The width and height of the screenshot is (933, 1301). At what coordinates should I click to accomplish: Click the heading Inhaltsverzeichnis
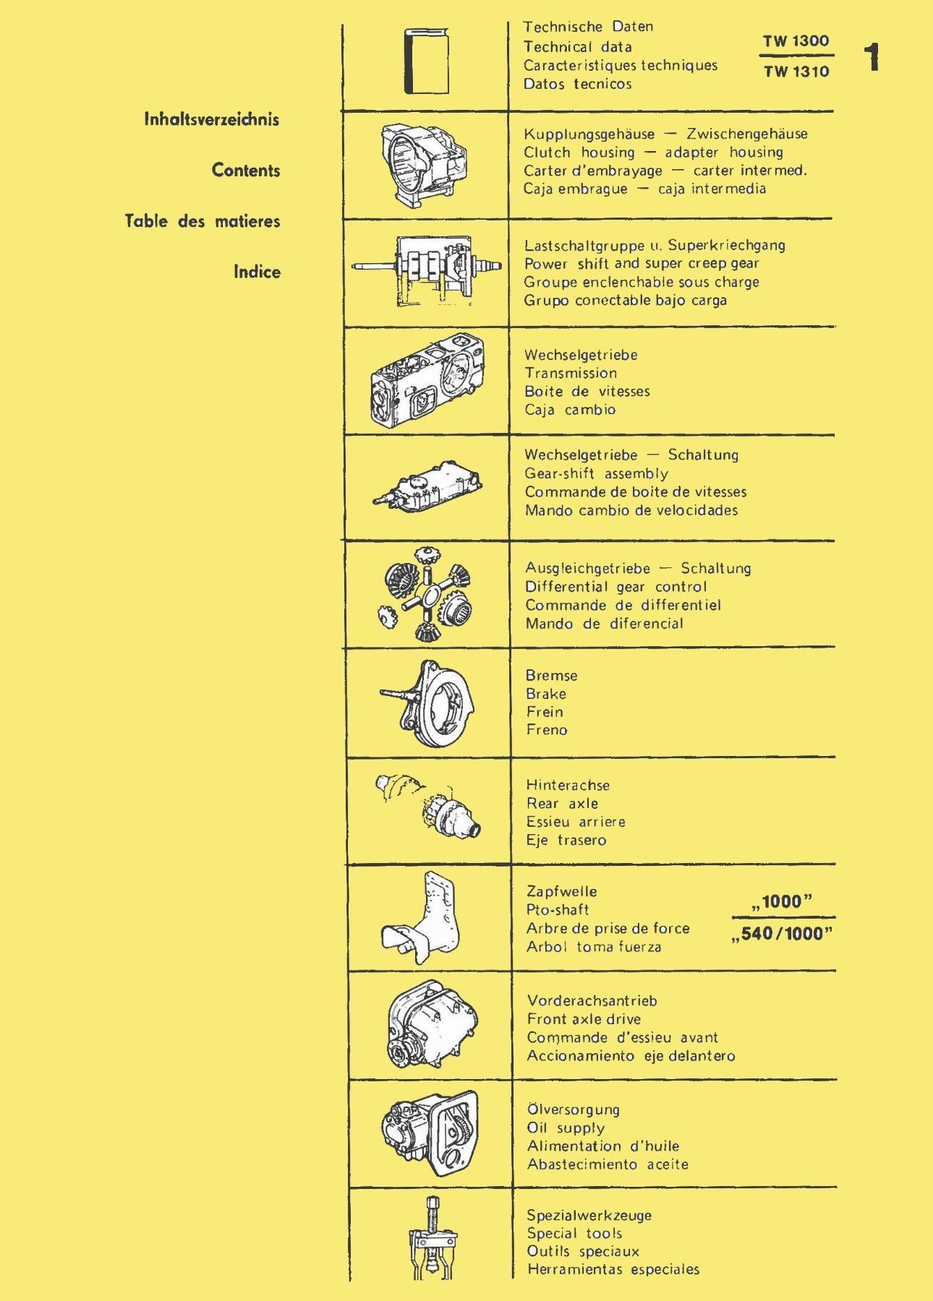211,119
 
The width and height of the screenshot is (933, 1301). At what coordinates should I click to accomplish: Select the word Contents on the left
246,171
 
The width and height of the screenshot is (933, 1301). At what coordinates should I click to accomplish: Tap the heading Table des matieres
203,221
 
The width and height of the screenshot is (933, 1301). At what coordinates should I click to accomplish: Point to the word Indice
257,272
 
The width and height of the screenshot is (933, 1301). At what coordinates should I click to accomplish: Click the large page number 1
872,58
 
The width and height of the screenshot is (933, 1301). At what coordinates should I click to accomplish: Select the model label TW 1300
796,41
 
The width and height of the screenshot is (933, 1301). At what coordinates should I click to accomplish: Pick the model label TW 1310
796,72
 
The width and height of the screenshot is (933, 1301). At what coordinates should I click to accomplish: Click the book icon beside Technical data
426,61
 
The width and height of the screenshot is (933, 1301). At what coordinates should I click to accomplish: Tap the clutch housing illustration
423,164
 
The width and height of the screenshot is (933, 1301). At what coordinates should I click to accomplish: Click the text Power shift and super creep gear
642,264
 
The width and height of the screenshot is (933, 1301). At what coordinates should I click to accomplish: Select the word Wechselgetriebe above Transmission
581,355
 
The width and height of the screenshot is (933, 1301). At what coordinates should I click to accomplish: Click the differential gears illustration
425,594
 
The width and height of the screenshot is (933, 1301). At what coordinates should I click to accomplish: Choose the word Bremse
552,676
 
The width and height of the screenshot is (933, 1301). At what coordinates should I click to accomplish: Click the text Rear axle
563,804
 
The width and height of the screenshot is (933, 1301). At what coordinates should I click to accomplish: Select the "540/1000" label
782,934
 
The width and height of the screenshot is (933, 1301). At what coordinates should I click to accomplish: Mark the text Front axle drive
584,1019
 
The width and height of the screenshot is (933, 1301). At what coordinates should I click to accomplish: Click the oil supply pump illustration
430,1133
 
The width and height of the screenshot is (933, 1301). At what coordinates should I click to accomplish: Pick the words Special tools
574,1234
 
